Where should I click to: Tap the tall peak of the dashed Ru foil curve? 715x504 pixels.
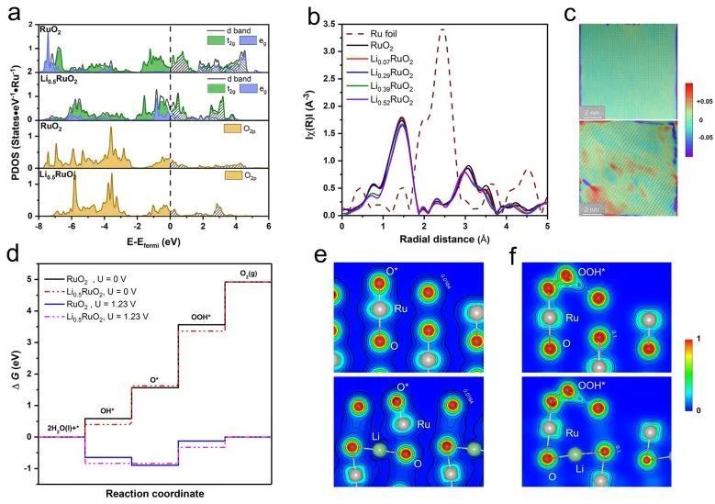pyautogui.click(x=443, y=30)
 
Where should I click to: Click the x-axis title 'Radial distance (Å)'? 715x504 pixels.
pyautogui.click(x=443, y=241)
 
